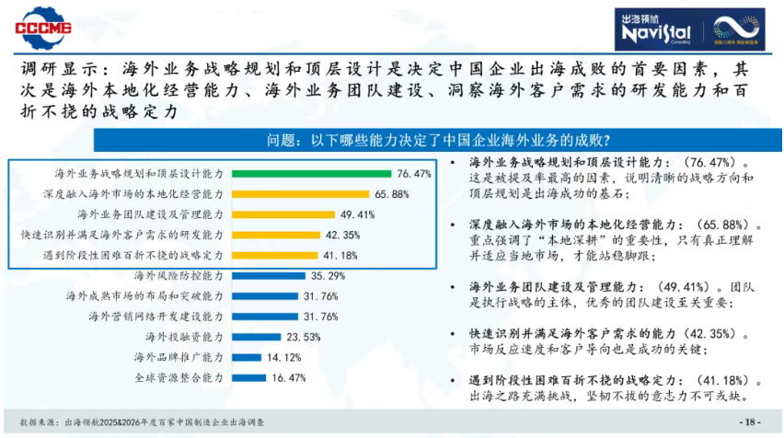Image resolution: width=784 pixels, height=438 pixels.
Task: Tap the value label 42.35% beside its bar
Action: coord(342,235)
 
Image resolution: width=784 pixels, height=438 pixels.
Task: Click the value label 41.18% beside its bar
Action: coord(340,255)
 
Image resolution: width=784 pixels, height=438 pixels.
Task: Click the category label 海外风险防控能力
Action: coord(179,275)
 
